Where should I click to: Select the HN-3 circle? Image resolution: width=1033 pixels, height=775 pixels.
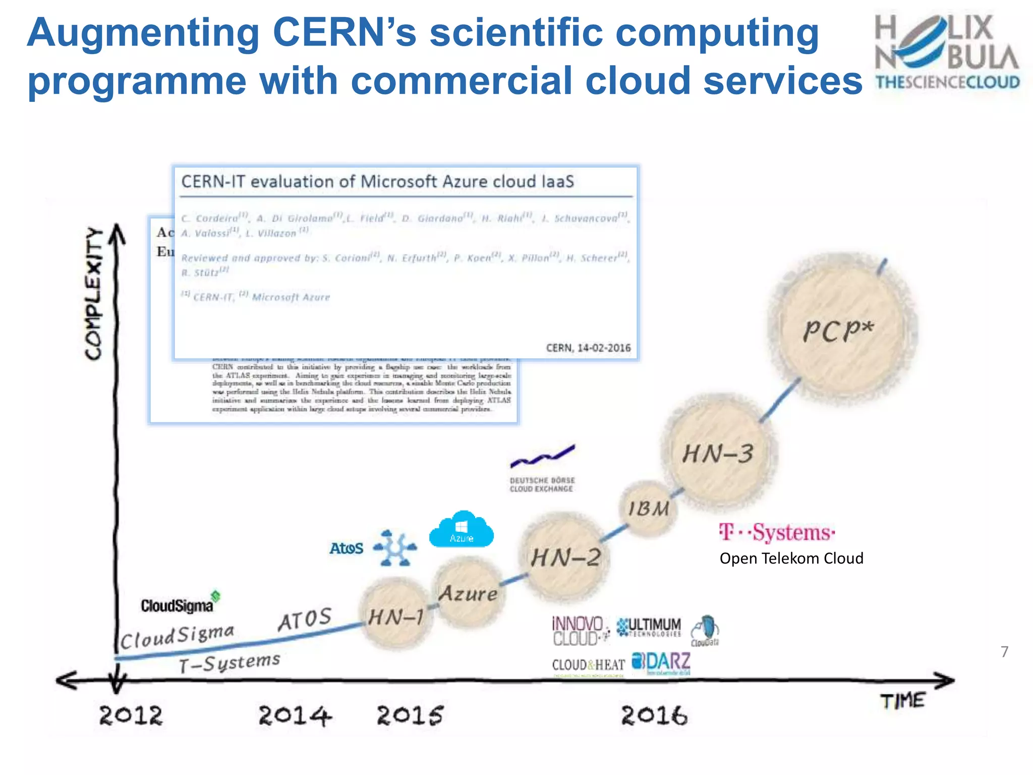point(718,453)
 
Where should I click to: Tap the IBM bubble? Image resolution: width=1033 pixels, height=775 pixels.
point(649,509)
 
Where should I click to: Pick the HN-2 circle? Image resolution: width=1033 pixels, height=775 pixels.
point(565,557)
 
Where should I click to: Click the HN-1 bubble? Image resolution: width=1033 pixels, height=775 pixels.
point(396,616)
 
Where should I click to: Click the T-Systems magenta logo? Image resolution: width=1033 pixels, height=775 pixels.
point(777,533)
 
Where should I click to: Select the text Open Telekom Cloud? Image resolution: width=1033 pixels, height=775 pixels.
point(791,559)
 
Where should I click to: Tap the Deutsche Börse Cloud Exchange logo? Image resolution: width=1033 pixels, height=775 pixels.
point(542,469)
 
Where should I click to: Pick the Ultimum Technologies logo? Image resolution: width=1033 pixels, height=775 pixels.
point(650,628)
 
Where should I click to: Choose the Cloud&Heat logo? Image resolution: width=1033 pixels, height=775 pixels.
point(588,666)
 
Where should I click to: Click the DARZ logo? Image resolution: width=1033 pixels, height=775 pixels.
point(662,663)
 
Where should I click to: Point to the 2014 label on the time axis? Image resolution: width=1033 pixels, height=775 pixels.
point(295,715)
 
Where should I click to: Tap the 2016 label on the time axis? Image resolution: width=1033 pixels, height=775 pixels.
point(654,715)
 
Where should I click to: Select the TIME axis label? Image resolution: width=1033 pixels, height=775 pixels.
point(903,701)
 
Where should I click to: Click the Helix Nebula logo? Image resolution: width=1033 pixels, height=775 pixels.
point(947,53)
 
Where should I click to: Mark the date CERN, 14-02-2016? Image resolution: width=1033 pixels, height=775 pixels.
point(588,348)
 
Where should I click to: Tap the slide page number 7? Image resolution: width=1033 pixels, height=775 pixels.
point(1004,652)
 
